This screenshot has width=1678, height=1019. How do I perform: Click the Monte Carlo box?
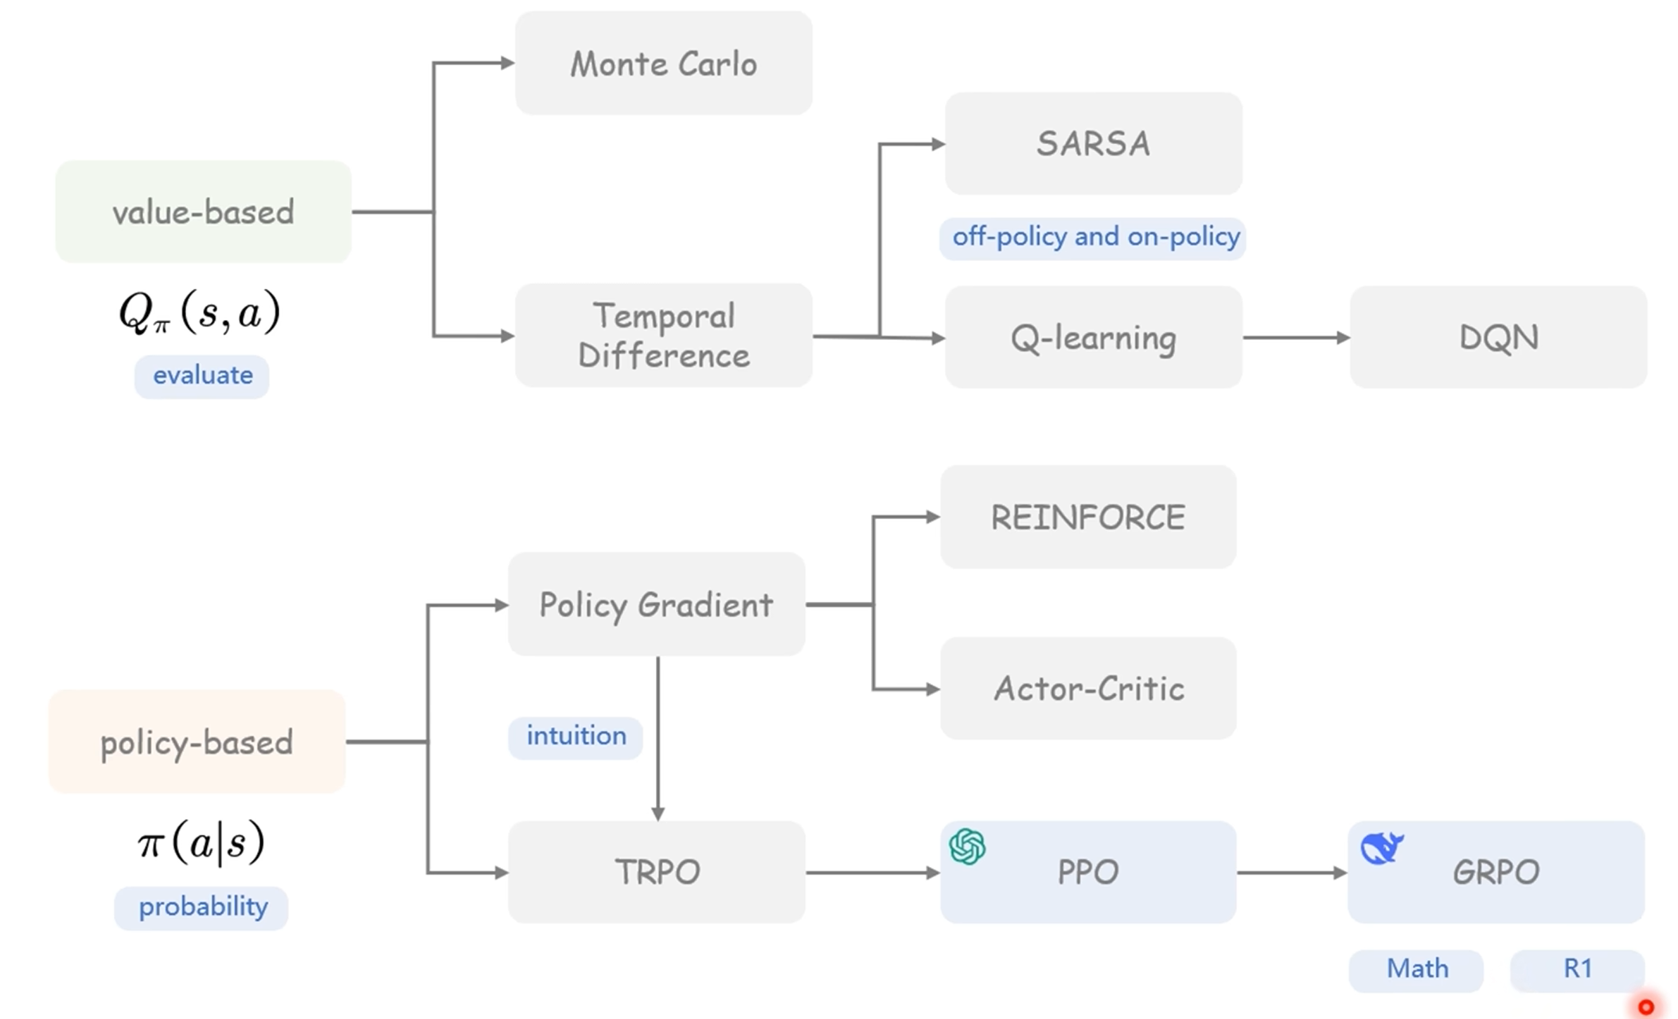[x=664, y=63]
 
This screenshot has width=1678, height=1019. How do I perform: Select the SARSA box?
[x=1094, y=143]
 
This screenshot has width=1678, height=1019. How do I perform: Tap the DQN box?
[x=1498, y=337]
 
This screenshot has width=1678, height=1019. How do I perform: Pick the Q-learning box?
[x=1094, y=337]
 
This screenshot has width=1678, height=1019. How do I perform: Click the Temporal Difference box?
[x=664, y=335]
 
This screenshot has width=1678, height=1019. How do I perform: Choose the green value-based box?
[x=203, y=212]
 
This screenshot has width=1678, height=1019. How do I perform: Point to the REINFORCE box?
[x=1088, y=517]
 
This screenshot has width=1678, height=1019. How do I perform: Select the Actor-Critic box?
[x=1088, y=688]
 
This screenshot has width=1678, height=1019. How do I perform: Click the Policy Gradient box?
[x=657, y=604]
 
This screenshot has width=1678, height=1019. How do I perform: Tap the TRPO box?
[x=657, y=872]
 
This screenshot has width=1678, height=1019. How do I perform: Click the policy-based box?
[x=197, y=741]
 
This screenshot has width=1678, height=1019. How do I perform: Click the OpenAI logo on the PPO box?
[x=967, y=846]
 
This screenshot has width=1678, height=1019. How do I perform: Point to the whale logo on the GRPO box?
[x=1382, y=848]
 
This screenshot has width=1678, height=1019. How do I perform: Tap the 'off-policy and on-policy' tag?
[x=1093, y=238]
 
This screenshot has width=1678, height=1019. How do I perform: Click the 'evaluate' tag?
[x=201, y=377]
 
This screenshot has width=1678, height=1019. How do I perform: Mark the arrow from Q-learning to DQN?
[x=1296, y=338]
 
